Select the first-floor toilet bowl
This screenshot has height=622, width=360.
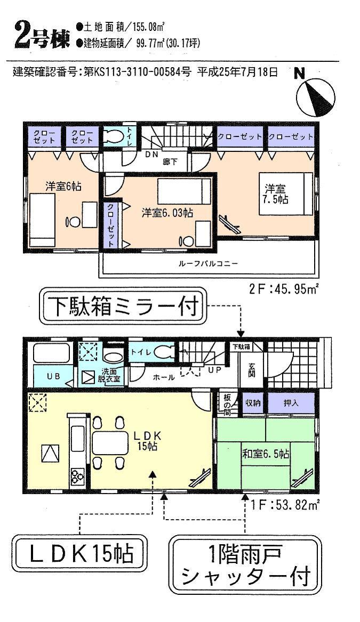click(165, 352)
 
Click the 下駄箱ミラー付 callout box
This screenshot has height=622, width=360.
click(123, 308)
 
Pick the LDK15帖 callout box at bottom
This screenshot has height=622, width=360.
click(79, 554)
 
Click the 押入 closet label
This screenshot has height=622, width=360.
click(291, 403)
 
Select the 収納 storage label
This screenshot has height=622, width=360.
click(253, 403)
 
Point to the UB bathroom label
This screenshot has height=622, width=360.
click(52, 376)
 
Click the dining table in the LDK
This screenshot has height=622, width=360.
click(109, 442)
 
